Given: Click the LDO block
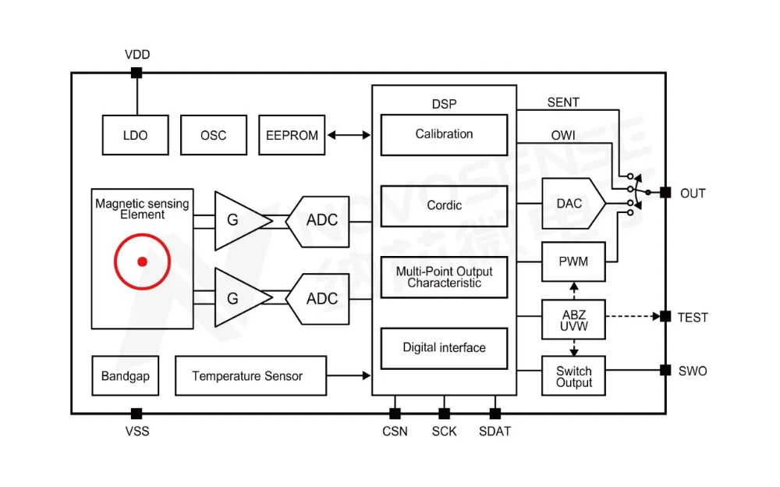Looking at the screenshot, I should coord(135,135).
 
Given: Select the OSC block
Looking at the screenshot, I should coord(213,135).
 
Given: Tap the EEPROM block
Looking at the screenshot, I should coord(292,135).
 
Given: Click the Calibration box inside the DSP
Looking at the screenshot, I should coord(444,134).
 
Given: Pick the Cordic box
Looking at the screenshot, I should coord(444,205).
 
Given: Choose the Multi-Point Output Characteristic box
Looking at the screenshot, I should coord(444,277).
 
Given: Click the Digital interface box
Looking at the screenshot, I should coord(444,348).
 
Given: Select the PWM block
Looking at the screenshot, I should coord(573,261).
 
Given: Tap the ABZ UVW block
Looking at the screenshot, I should coord(573,320).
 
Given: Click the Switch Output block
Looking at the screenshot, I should coord(573,376).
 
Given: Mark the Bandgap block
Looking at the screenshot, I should coord(125,376).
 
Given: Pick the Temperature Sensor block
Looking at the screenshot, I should coord(247,376).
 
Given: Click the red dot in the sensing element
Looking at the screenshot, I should coord(142,261).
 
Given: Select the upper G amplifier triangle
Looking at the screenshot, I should coord(236,221).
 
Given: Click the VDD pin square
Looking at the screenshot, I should coord(136,73).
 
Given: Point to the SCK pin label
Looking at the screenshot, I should coord(444,431).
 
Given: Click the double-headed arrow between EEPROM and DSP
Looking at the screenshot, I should coord(349,135).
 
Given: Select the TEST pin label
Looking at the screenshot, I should coord(693,318).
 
